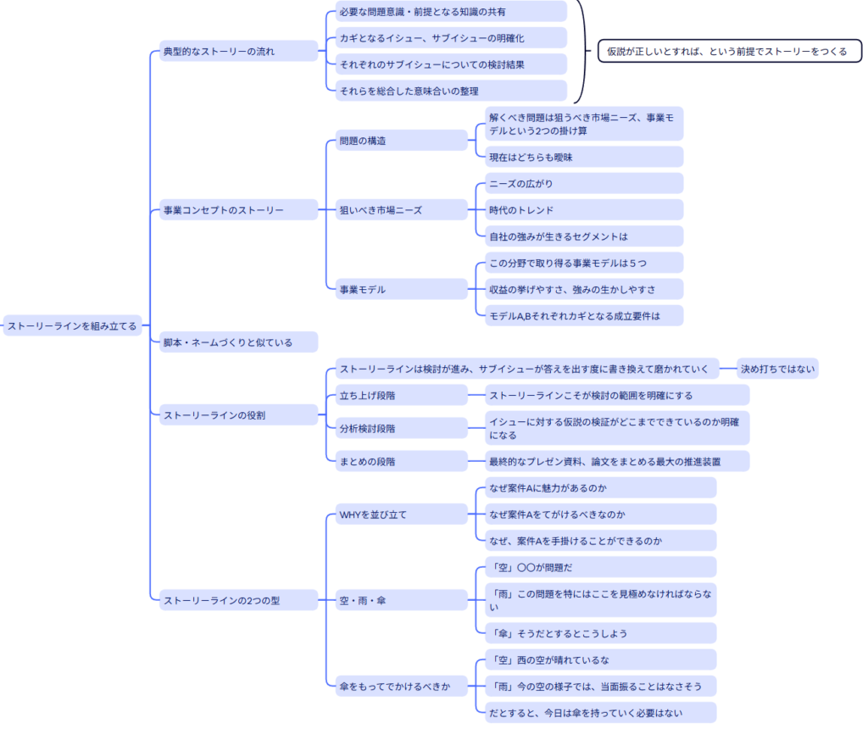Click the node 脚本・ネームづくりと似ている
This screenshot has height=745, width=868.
pyautogui.click(x=237, y=342)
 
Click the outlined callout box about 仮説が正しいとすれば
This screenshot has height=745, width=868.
pyautogui.click(x=729, y=52)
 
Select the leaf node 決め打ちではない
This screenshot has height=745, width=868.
pyautogui.click(x=777, y=369)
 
